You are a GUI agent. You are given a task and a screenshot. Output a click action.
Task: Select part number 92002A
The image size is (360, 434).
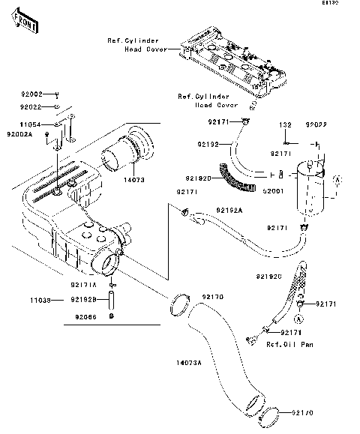21,134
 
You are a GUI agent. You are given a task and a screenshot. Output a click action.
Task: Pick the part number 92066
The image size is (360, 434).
84,316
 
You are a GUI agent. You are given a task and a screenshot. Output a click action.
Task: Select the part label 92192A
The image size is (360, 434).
229,211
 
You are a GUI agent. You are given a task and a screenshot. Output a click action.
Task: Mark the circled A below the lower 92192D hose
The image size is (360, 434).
299,318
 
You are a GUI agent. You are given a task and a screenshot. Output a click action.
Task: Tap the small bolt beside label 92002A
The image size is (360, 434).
48,136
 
